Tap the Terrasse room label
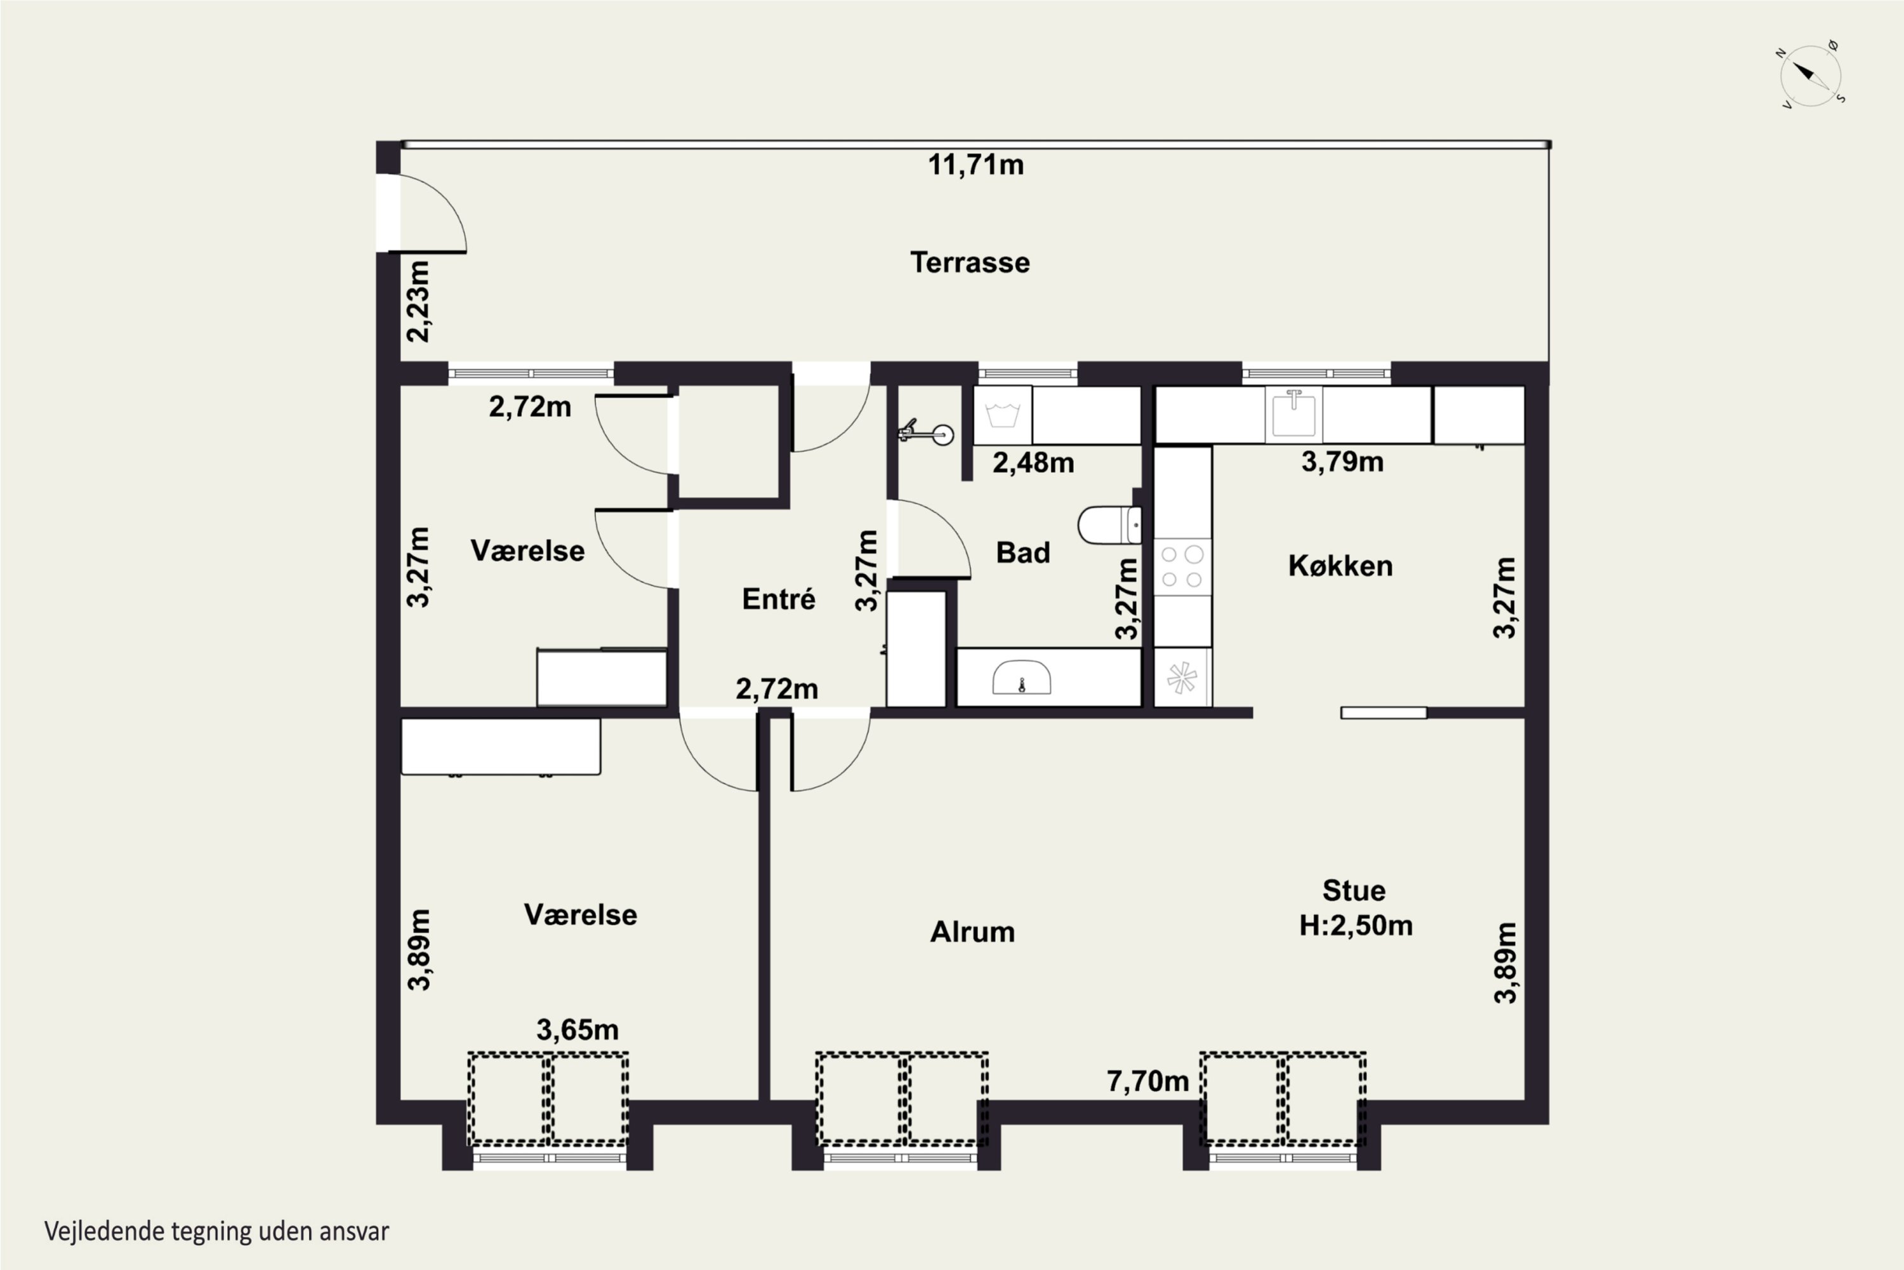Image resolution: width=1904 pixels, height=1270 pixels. [970, 262]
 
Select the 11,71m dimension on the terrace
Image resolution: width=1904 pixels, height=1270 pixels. [975, 164]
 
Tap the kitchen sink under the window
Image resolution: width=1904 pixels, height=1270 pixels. [1293, 414]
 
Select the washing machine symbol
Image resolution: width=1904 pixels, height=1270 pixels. [1002, 415]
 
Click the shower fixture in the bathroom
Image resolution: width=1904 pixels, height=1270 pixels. [926, 432]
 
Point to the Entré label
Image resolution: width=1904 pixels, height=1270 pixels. [779, 599]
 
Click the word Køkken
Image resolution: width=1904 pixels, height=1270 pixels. [1340, 566]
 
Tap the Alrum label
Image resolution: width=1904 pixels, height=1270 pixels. [972, 932]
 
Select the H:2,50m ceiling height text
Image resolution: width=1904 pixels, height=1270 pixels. [1356, 926]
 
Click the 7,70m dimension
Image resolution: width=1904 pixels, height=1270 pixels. [1148, 1081]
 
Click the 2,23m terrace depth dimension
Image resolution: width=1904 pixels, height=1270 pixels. [418, 301]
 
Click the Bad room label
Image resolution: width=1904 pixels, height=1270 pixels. [1023, 553]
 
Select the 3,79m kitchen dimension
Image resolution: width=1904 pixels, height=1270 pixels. [1342, 462]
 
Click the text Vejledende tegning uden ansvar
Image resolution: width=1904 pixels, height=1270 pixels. [217, 1232]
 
